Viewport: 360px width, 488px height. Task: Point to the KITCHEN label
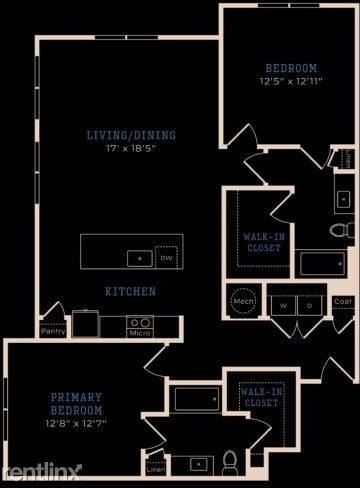130,292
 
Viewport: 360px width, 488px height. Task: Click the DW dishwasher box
167,258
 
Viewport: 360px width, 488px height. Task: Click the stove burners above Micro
140,322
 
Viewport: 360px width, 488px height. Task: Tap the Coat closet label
342,301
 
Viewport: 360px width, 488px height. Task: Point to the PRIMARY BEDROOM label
77,403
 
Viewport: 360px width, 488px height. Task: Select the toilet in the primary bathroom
229,461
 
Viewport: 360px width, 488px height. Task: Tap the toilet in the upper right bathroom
337,230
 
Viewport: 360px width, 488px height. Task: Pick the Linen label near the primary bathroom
156,469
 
